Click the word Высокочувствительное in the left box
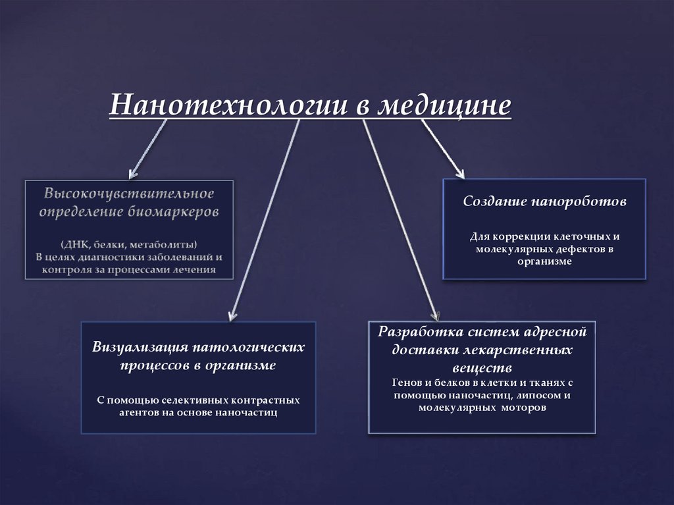[130, 194]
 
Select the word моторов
[523, 408]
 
